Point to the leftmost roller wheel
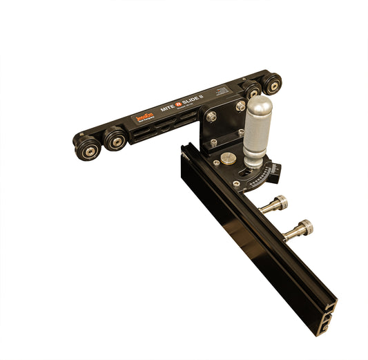[87, 146]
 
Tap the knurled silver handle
[258, 135]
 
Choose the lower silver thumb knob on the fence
[300, 229]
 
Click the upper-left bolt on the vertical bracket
[211, 117]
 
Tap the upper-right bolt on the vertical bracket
[240, 106]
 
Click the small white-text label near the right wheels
[221, 91]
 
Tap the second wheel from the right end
[251, 89]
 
